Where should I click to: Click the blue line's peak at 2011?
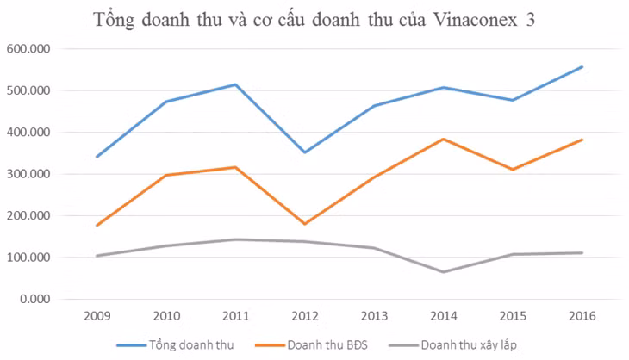click(234, 84)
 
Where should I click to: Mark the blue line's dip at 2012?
click(303, 152)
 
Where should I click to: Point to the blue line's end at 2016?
click(582, 66)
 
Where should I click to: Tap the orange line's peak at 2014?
click(443, 139)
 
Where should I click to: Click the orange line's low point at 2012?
click(303, 224)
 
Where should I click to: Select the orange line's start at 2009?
click(96, 226)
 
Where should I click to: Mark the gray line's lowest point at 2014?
click(443, 272)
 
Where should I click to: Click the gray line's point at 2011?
click(234, 239)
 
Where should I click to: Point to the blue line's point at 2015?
click(513, 100)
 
